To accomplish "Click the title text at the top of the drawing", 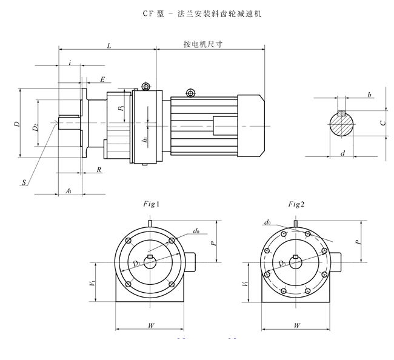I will point(196,12).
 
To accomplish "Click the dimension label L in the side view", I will point(108,45).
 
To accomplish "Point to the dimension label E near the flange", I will point(102,79).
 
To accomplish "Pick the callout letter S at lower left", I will point(23,181).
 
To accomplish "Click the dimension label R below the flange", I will point(99,170).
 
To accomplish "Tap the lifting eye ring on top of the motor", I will point(191,93).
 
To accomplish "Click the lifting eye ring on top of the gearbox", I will point(145,87).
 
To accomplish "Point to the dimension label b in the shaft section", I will point(369,95).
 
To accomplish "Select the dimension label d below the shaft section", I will point(342,153).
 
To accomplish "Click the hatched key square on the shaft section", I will point(342,113).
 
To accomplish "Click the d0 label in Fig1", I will point(196,231).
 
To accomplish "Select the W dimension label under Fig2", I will point(296,325).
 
